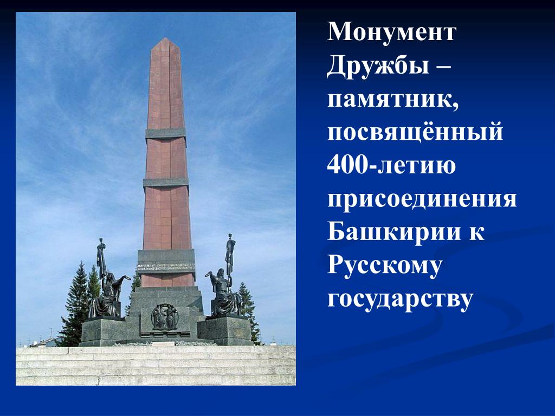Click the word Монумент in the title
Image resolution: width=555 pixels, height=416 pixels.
pos(392,32)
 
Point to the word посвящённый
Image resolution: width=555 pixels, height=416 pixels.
pos(415,132)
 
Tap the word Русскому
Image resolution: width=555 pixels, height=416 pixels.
pos(385,266)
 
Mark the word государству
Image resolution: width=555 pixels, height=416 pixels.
pos(400,300)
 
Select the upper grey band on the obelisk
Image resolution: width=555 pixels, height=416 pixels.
pos(165,133)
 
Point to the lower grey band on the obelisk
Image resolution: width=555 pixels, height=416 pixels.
pos(166,183)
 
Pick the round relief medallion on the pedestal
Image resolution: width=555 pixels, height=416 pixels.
pos(165,316)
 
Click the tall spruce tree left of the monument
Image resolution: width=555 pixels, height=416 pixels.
pos(76,308)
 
